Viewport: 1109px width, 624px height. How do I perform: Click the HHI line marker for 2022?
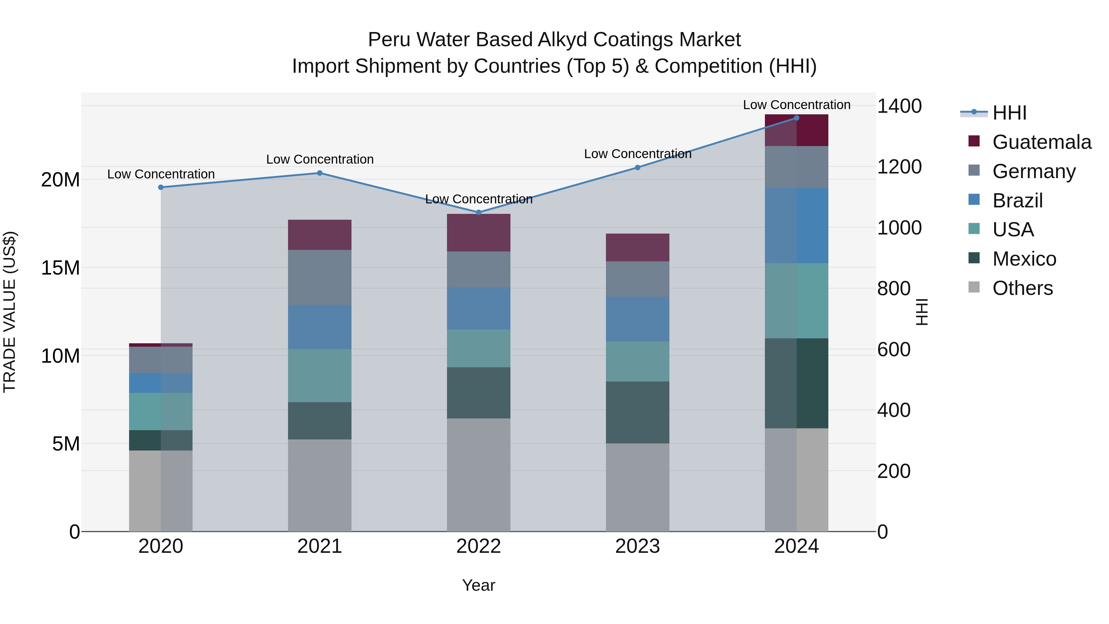pyautogui.click(x=478, y=213)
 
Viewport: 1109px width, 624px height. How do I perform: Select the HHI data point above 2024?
pyautogui.click(x=796, y=118)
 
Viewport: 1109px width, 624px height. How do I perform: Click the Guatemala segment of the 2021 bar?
pyautogui.click(x=319, y=235)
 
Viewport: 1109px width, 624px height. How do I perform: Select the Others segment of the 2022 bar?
pyautogui.click(x=478, y=475)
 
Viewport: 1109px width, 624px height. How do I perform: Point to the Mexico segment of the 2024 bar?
pyautogui.click(x=796, y=383)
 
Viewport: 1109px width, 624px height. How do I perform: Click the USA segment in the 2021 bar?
pyautogui.click(x=319, y=376)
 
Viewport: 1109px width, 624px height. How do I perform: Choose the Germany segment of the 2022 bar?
pyautogui.click(x=478, y=270)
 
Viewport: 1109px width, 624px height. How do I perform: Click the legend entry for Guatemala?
pyautogui.click(x=1042, y=142)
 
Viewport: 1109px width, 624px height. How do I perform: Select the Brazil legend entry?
pyautogui.click(x=1017, y=201)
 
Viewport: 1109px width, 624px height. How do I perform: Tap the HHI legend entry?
pyautogui.click(x=1009, y=113)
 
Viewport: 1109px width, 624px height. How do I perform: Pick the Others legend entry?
pyautogui.click(x=1022, y=288)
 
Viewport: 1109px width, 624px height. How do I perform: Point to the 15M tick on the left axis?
pyautogui.click(x=60, y=268)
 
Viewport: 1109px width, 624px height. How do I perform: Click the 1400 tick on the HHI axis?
pyautogui.click(x=899, y=106)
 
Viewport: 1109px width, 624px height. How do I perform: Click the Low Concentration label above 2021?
pyautogui.click(x=319, y=159)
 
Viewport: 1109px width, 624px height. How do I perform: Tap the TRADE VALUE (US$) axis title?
pyautogui.click(x=10, y=312)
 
